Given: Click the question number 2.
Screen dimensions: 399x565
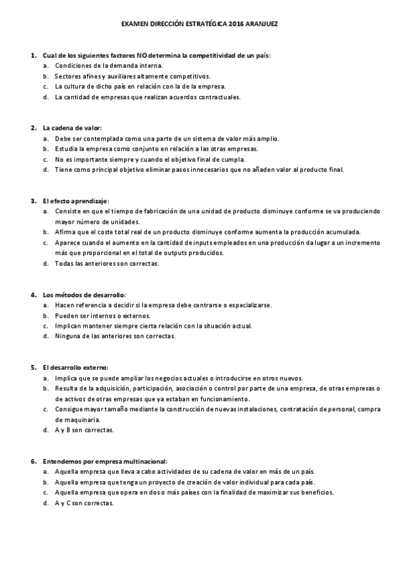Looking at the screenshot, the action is coord(33,127).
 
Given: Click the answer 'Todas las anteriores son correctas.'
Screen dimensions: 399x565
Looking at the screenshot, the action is coord(107,263).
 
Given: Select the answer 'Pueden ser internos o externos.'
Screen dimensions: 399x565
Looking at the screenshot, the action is coord(103,315).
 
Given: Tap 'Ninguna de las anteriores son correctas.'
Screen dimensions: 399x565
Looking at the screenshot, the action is coord(115,336).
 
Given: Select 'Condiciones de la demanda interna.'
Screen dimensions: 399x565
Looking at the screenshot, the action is coord(108,66).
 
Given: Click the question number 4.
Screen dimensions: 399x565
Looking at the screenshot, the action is coord(33,294).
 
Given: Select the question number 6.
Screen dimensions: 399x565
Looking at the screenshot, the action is coord(33,461).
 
